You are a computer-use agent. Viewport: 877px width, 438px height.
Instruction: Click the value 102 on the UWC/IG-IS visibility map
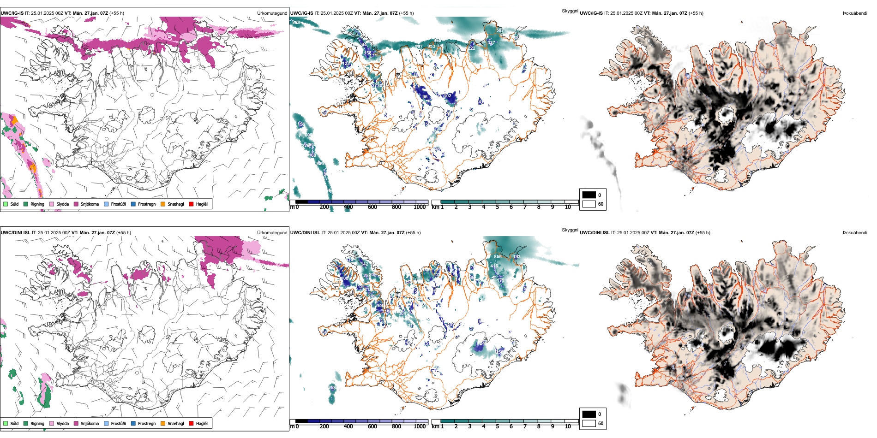448,96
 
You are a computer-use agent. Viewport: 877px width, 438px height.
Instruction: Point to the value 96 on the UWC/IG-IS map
425,97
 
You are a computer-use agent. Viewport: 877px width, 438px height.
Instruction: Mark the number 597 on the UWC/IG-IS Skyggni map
499,30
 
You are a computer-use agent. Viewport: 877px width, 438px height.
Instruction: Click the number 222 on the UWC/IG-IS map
471,48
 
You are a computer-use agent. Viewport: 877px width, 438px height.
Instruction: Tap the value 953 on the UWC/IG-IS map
431,46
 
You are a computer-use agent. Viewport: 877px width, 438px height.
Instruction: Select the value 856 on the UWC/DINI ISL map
498,257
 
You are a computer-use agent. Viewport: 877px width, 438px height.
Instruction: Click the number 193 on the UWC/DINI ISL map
517,257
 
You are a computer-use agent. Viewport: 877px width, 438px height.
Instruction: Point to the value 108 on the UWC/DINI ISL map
344,278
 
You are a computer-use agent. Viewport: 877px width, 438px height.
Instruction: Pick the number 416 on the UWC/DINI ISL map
494,266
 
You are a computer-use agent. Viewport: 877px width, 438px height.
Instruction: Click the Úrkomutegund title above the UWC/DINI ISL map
272,232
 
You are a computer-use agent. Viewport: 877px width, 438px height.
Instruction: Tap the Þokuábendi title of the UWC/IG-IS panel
855,13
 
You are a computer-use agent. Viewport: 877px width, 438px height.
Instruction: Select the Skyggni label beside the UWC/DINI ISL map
570,230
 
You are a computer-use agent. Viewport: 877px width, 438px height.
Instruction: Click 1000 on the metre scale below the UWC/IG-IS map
420,207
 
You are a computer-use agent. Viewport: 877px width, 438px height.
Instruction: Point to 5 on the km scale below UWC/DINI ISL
497,426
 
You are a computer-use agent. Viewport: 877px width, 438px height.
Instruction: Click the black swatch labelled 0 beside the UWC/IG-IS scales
589,195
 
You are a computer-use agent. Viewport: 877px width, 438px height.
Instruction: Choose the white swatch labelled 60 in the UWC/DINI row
589,423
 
